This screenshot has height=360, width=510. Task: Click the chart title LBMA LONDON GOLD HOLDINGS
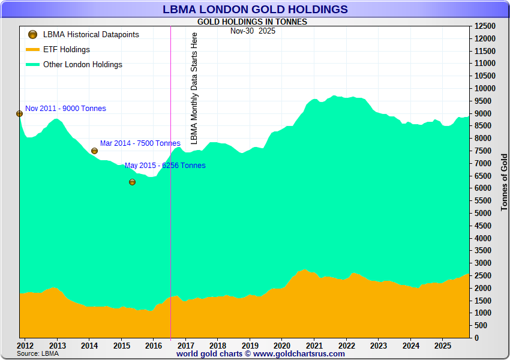tap(255, 9)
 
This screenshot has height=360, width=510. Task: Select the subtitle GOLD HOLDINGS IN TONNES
tap(252, 22)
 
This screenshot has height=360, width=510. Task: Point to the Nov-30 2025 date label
tap(253, 31)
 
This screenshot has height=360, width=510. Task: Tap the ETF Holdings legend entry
tap(66, 50)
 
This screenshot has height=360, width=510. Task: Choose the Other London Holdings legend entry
tap(82, 65)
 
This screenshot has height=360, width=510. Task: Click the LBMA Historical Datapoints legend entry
tap(91, 35)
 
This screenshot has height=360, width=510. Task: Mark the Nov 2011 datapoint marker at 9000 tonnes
tap(19, 113)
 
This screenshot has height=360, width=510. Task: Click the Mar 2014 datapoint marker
tap(94, 151)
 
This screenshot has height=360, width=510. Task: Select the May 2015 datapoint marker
tap(132, 182)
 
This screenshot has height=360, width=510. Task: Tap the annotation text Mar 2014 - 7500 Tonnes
tap(140, 143)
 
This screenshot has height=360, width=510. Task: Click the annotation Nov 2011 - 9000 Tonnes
tap(65, 109)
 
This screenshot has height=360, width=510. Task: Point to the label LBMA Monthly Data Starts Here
tap(194, 88)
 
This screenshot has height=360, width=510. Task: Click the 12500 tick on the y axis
tap(485, 26)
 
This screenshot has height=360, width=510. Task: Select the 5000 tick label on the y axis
tap(482, 214)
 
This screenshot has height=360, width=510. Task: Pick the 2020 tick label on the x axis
tap(282, 346)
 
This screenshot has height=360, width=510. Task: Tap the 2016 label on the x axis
tap(154, 346)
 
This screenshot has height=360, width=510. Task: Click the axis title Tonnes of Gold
tap(504, 181)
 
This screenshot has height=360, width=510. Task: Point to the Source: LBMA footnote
tap(38, 353)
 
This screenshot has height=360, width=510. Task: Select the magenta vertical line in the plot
tap(171, 240)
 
